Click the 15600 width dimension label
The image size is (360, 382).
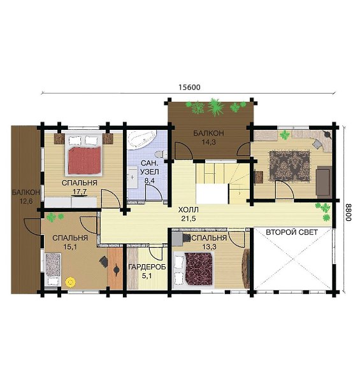point(189,87)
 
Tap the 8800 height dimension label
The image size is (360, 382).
point(349,212)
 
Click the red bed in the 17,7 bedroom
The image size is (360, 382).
point(85,160)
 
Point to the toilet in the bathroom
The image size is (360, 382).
point(161,154)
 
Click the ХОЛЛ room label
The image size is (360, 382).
point(188,209)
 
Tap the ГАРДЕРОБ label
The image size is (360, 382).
point(147,267)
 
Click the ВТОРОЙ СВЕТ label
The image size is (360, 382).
point(292,232)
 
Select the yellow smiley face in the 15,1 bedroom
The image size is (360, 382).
point(71,282)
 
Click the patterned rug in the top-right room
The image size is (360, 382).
point(289,166)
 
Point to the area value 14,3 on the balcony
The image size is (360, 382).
point(208,142)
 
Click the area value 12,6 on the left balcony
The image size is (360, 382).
point(26,201)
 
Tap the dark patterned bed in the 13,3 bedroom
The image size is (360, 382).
point(198,269)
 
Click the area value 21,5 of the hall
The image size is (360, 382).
point(188,218)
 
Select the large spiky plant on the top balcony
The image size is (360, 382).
point(215,107)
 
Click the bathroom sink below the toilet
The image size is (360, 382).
point(132,177)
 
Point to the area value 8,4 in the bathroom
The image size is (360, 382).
point(149,181)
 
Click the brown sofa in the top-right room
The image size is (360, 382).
point(324,180)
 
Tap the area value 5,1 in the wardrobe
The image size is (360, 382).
point(147,276)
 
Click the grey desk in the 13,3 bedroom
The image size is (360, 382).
point(177,239)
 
